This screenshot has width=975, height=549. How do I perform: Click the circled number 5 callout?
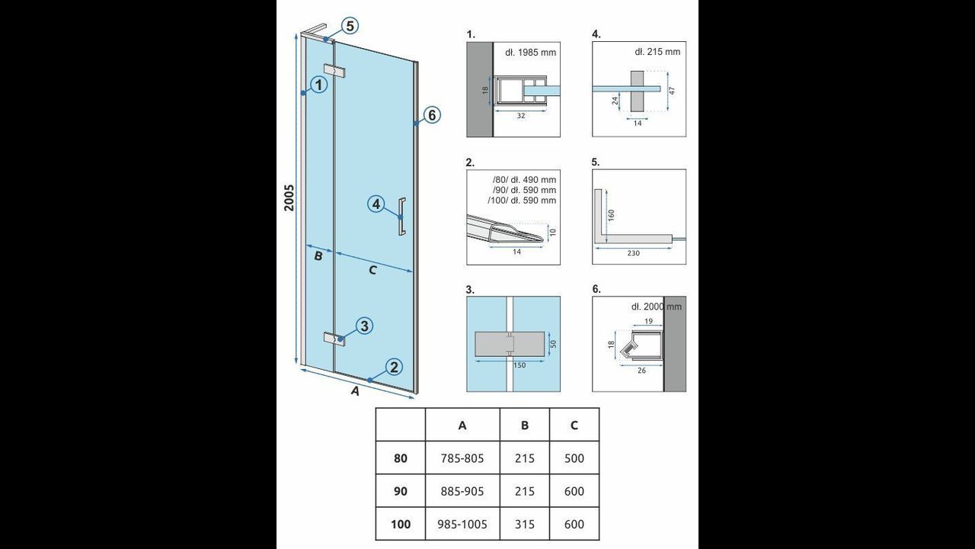click(x=350, y=26)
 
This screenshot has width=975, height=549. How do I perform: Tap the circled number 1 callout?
click(x=319, y=85)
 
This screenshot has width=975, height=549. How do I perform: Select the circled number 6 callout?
click(x=432, y=115)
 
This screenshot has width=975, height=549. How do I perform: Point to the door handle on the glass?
click(x=402, y=217)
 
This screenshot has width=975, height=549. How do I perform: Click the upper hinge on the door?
click(x=334, y=71)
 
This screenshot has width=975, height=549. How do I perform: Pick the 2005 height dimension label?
click(x=289, y=197)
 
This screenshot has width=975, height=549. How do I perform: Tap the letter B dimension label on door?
click(x=318, y=255)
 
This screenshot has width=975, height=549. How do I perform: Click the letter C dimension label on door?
click(x=372, y=271)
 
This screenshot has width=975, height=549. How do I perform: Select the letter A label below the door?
click(x=355, y=391)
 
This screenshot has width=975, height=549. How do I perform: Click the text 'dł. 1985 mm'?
click(x=531, y=53)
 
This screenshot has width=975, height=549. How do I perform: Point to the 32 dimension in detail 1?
click(x=520, y=116)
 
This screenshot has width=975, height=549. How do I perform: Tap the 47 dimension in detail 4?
click(x=672, y=91)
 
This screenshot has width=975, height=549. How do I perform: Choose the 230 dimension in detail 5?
click(x=633, y=253)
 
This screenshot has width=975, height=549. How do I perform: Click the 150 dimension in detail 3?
click(x=519, y=365)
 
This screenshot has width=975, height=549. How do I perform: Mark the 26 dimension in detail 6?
click(x=641, y=371)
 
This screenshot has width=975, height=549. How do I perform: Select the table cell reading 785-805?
click(x=462, y=458)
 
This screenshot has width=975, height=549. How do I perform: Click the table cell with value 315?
click(x=525, y=524)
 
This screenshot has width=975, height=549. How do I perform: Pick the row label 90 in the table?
click(x=401, y=491)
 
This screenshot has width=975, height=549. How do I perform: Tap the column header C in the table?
click(x=574, y=425)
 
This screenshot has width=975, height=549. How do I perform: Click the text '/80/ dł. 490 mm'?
click(x=524, y=179)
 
